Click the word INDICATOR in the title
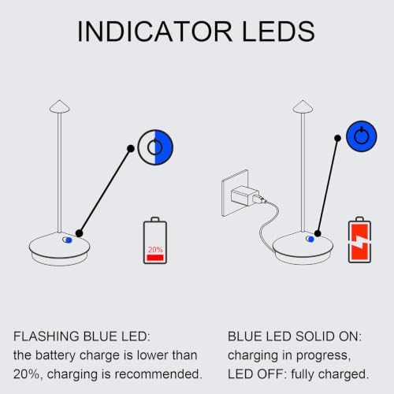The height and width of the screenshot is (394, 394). coord(154,32)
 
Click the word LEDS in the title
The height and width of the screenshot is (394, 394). coord(278,32)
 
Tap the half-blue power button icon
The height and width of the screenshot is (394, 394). coord(155,147)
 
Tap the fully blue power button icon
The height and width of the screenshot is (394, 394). coord(362,136)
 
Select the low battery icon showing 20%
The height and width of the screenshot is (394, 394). coord(155,240)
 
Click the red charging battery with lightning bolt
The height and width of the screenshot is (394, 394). coord(359,240)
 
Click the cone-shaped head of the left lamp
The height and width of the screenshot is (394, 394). coord(60,106)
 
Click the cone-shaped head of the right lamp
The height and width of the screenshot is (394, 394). coord(303,106)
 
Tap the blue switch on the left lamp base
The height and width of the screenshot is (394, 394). coord(67,240)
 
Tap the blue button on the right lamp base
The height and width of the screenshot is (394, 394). coord(310,239)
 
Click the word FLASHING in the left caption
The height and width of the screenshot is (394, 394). coord(46,336)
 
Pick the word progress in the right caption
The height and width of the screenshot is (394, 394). coord(323,356)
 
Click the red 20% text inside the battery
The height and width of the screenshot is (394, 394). coord(155,250)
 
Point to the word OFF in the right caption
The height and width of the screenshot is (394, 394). coord(272,374)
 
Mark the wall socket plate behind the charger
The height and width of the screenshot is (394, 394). coord(235,193)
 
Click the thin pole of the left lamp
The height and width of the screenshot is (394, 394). coord(60,173)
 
